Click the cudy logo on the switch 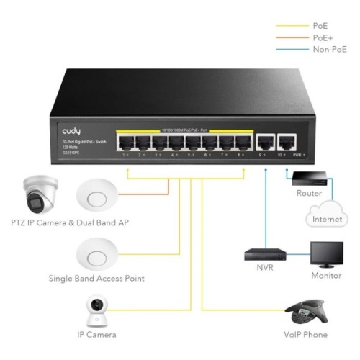(x=71, y=131)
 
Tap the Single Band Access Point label (x=96, y=278)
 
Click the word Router (x=309, y=193)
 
